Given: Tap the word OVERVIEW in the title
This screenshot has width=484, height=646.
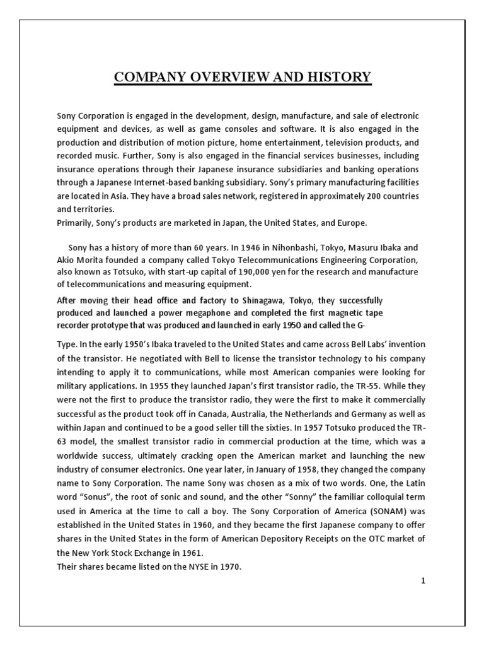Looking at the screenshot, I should point(229,78).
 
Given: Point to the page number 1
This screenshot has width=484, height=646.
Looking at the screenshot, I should point(424,582).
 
